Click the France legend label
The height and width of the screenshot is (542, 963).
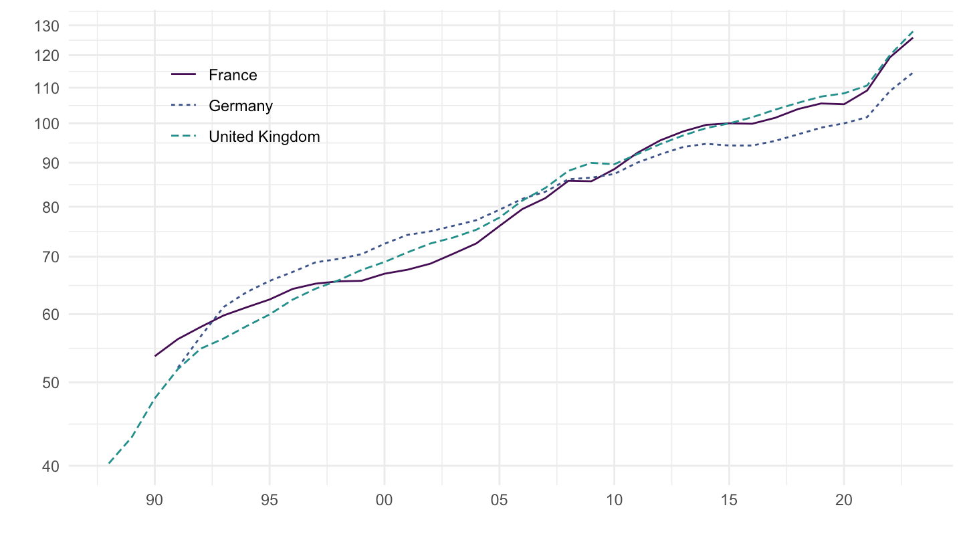pyautogui.click(x=233, y=75)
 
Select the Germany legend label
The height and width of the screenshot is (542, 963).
pyautogui.click(x=241, y=106)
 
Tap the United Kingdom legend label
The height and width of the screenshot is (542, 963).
pyautogui.click(x=264, y=137)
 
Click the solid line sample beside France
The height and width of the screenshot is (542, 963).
pyautogui.click(x=184, y=75)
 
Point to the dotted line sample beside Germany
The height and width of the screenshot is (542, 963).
pyautogui.click(x=184, y=106)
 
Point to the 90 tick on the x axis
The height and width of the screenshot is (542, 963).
pyautogui.click(x=154, y=500)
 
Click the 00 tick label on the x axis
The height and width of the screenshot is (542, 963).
pyautogui.click(x=384, y=500)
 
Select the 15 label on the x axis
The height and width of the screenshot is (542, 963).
pyautogui.click(x=729, y=500)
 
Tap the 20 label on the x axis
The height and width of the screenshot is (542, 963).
pyautogui.click(x=844, y=500)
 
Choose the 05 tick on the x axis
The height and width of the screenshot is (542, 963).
pyautogui.click(x=499, y=500)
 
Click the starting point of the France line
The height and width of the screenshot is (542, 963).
pyautogui.click(x=154, y=356)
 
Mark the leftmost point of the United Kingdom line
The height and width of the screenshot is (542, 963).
pyautogui.click(x=109, y=463)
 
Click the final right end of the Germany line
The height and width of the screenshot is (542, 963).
pyautogui.click(x=912, y=73)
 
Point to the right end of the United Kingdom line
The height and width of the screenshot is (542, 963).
pyautogui.click(x=912, y=31)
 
